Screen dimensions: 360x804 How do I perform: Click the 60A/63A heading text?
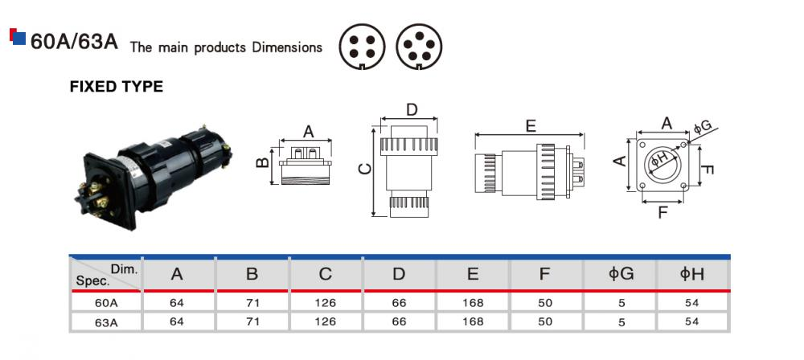[74, 43]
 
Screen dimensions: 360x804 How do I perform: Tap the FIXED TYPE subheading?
[117, 87]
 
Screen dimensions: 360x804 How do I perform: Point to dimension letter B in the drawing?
[262, 163]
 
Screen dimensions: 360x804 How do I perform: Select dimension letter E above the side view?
[531, 126]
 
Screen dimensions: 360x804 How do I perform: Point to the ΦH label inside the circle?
[659, 160]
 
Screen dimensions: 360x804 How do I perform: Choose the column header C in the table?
[325, 274]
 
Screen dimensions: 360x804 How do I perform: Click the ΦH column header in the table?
[691, 274]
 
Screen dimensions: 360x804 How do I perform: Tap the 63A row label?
[106, 321]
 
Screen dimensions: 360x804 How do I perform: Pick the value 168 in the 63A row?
[473, 321]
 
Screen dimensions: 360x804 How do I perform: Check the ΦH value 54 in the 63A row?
[691, 321]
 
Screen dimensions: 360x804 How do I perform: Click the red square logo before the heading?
[14, 37]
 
